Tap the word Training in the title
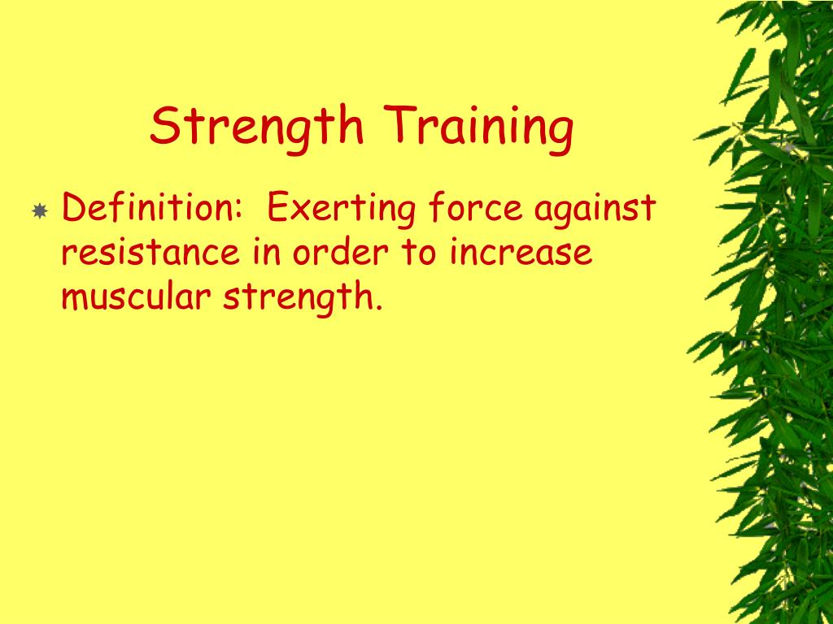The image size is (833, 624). (x=480, y=128)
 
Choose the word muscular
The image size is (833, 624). (x=137, y=298)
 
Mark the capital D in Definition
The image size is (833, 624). (x=74, y=209)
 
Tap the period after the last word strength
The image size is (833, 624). (x=378, y=308)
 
